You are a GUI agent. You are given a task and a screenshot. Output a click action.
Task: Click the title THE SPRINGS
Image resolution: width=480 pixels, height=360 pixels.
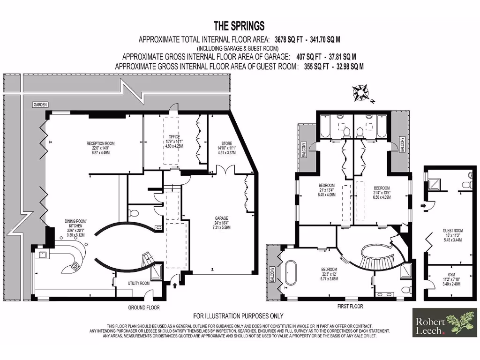239,26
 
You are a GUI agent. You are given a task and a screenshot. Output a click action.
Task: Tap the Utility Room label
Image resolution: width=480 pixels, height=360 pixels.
139,284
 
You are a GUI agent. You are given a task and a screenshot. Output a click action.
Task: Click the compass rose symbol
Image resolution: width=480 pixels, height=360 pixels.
360,93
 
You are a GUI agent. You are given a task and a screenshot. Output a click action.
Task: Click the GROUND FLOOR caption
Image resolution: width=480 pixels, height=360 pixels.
144,308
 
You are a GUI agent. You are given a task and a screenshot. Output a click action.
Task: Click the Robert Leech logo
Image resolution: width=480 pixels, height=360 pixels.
444,323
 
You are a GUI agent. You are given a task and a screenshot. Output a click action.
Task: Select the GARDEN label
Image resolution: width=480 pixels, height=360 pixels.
40,105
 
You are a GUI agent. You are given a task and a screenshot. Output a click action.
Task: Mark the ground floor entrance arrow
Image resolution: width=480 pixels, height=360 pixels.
175,283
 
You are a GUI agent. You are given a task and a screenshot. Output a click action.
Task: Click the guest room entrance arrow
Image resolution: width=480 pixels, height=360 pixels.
424,205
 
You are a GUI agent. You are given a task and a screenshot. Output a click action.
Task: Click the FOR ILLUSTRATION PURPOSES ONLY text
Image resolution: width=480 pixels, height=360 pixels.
238,316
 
